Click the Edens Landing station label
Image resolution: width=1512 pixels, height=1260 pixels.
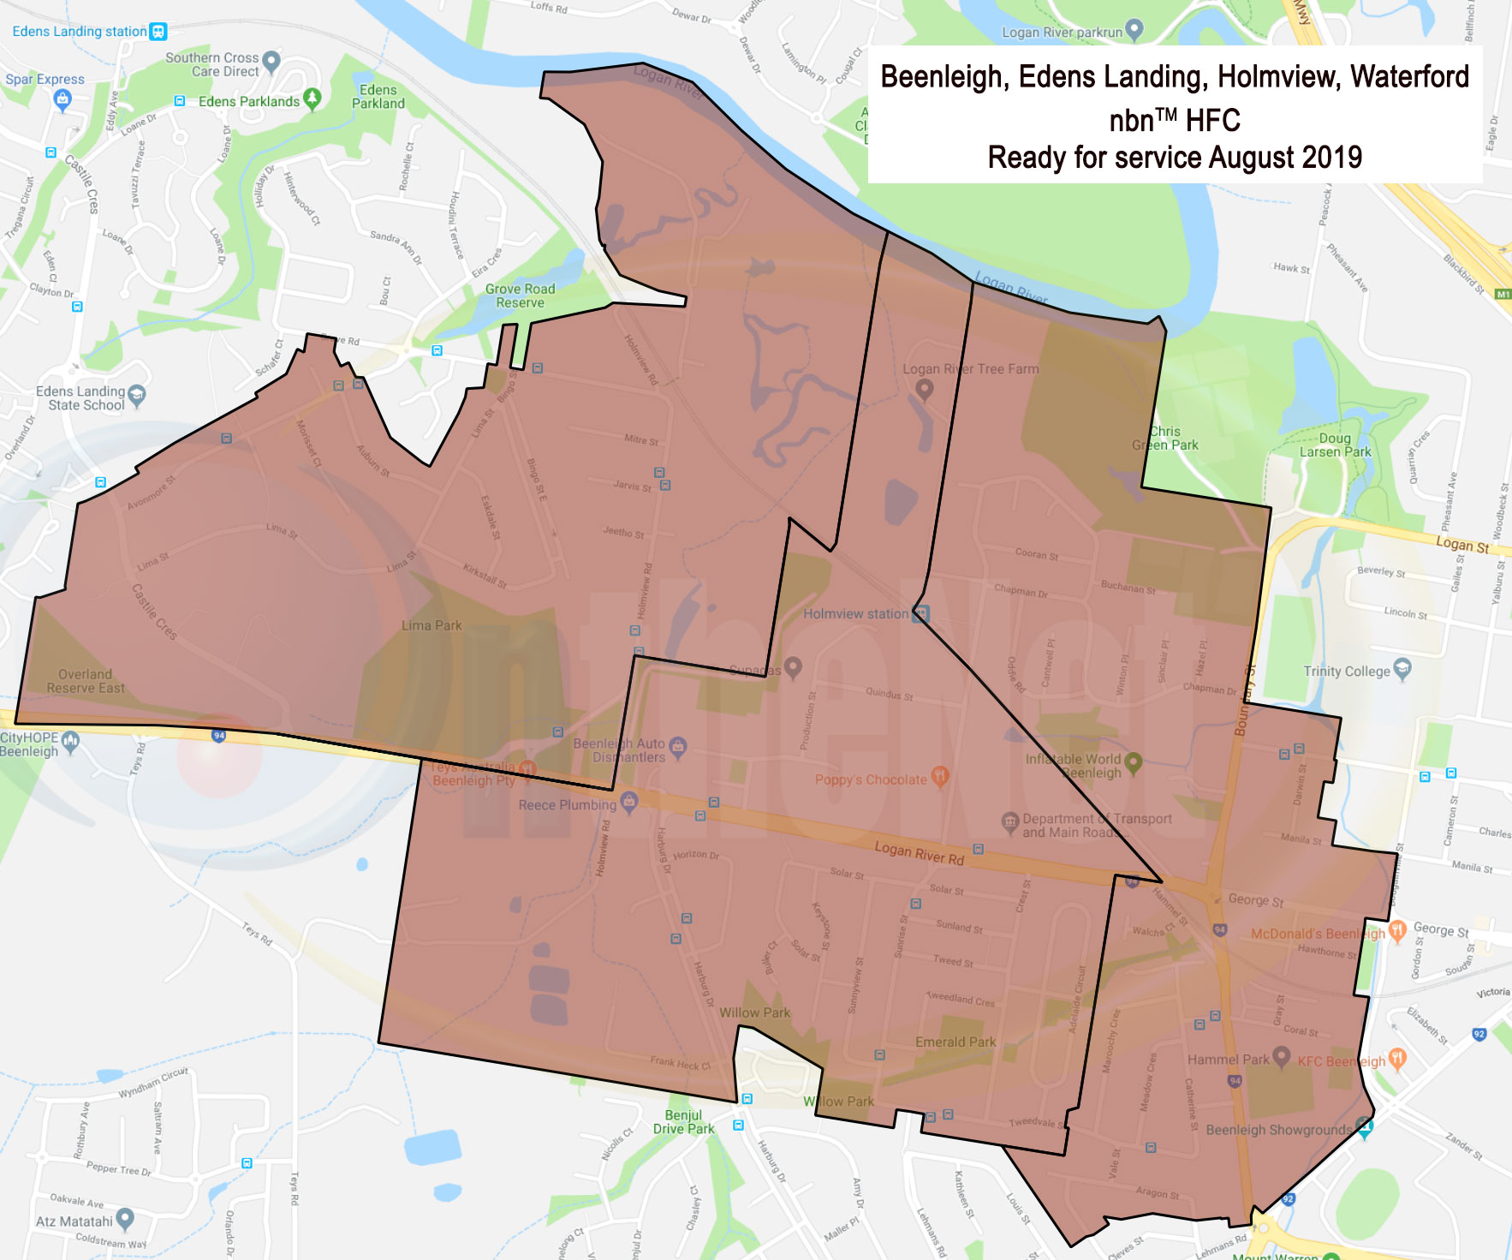pos(79,32)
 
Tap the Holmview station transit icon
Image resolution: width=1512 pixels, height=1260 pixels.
pos(921,613)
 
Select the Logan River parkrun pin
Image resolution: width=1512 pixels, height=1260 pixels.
pos(1134,30)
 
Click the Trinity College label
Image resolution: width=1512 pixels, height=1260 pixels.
pos(1346,672)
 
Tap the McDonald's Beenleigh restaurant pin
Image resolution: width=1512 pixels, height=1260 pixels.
pos(1397,930)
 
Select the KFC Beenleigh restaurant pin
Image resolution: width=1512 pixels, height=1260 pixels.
pos(1396,1058)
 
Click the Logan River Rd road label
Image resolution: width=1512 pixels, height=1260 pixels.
pos(919,853)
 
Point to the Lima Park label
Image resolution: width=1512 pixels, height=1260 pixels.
pos(432,625)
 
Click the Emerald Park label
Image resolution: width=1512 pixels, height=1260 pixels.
pos(955,1042)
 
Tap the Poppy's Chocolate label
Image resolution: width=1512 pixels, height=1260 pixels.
pos(870,779)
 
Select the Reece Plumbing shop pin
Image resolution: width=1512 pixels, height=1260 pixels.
pos(629,802)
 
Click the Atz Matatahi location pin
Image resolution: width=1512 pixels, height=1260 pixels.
pos(125,1217)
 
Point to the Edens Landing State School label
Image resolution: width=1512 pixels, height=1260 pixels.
pos(80,398)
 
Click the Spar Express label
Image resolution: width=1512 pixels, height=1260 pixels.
pos(45,80)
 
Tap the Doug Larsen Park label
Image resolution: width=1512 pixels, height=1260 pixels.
pos(1335,445)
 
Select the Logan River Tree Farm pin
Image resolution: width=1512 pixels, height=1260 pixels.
pos(924,388)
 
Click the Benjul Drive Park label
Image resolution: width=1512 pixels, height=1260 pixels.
pos(683,1122)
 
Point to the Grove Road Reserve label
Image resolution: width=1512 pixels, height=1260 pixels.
pos(520,296)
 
